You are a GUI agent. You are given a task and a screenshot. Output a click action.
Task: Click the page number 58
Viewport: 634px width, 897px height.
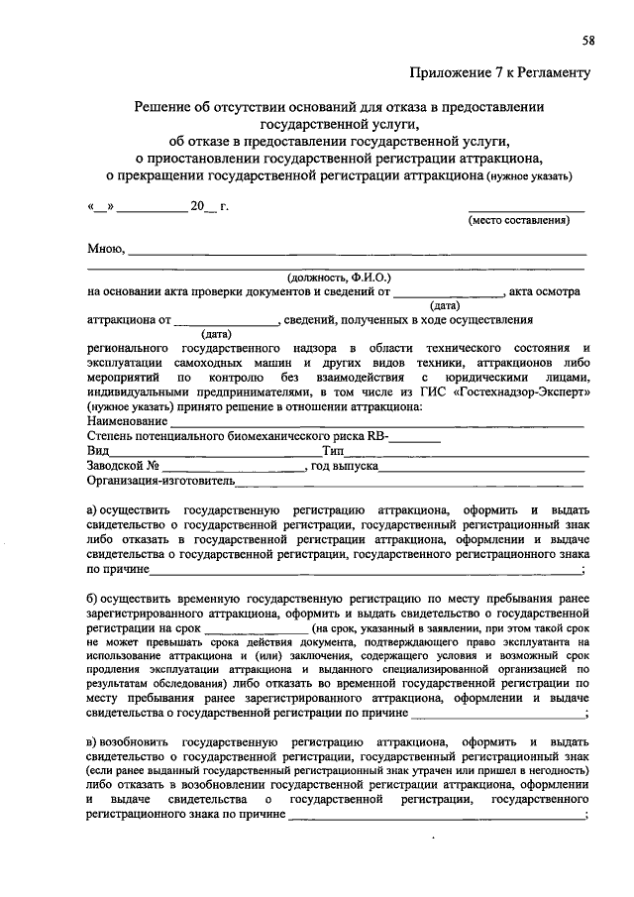click(588, 40)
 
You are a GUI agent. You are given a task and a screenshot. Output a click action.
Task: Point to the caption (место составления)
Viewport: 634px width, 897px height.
click(519, 220)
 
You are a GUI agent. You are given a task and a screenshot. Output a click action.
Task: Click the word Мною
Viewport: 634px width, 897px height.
click(105, 248)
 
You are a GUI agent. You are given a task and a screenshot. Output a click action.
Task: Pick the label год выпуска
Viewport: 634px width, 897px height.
click(343, 465)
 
